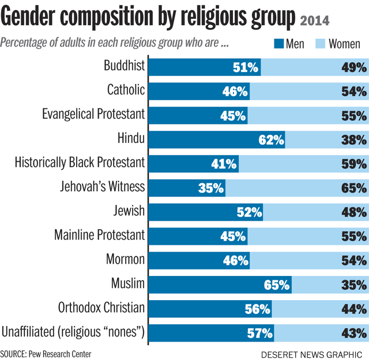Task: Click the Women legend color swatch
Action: pyautogui.click(x=318, y=45)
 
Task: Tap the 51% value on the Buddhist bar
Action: pyautogui.click(x=245, y=67)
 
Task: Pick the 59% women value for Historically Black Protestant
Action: pyautogui.click(x=353, y=164)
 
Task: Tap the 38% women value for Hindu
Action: pyautogui.click(x=353, y=139)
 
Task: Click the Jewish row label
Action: pyautogui.click(x=129, y=211)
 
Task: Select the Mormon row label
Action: pyautogui.click(x=125, y=259)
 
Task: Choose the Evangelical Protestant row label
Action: pyautogui.click(x=93, y=114)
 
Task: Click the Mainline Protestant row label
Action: pyautogui.click(x=99, y=235)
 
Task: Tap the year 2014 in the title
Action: pyautogui.click(x=314, y=21)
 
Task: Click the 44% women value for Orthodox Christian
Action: pyautogui.click(x=353, y=308)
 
